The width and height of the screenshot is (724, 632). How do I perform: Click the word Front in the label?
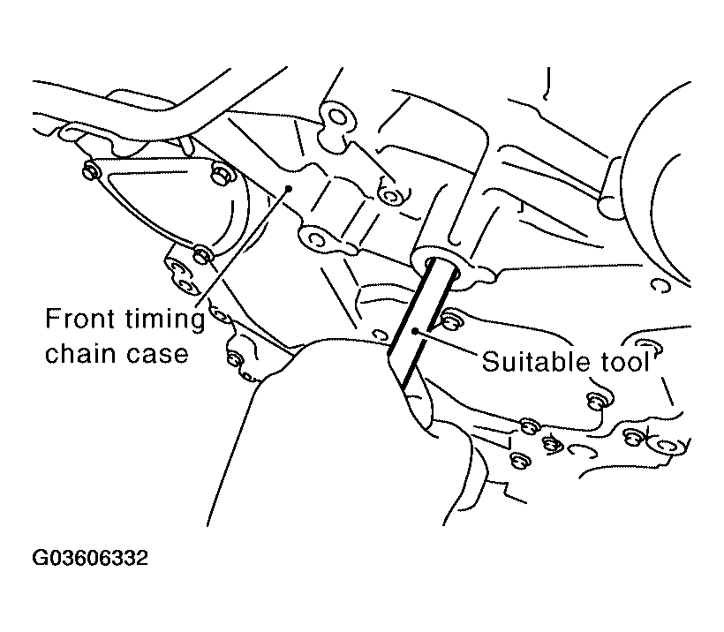point(79,318)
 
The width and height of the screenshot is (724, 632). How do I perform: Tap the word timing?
point(165,320)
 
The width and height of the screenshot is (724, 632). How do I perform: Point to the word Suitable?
point(536,361)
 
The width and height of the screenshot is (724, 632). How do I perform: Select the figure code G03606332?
point(90,558)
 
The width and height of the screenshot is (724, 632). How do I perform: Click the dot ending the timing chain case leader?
point(289,188)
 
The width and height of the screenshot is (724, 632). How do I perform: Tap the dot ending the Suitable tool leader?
point(415,330)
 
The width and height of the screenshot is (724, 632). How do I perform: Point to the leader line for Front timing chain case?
point(244,246)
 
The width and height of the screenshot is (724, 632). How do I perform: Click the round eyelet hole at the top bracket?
point(338,117)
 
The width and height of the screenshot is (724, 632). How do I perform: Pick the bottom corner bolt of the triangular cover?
point(201,254)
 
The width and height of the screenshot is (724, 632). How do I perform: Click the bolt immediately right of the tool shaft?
point(449,321)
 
